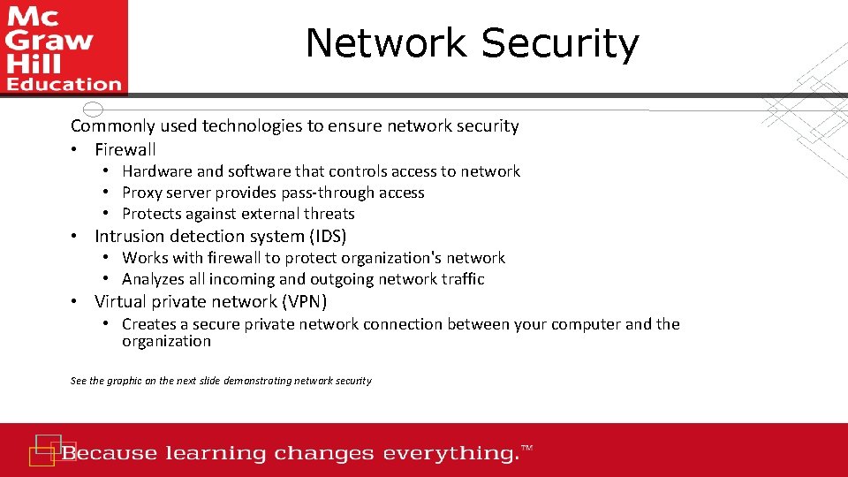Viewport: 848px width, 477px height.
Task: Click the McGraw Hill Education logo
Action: (x=64, y=47)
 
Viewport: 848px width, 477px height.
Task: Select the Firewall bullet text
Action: (x=125, y=149)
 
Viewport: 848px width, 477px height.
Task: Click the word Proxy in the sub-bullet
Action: (x=142, y=193)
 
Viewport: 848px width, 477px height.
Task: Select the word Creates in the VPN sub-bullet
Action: (x=149, y=324)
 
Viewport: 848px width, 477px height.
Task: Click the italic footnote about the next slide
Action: (x=221, y=381)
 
